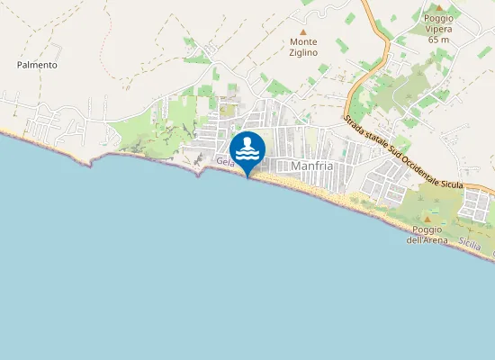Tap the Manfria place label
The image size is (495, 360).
[313, 166]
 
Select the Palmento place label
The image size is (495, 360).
[37, 65]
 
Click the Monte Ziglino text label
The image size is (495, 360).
[303, 48]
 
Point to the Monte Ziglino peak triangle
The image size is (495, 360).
[303, 31]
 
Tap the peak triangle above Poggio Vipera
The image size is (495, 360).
[439, 7]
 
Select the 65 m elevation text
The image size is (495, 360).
[439, 40]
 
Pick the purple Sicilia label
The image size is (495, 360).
[469, 244]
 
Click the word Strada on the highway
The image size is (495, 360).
[354, 127]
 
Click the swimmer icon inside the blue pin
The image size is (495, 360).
[247, 148]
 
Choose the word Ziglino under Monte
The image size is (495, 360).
[303, 53]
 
